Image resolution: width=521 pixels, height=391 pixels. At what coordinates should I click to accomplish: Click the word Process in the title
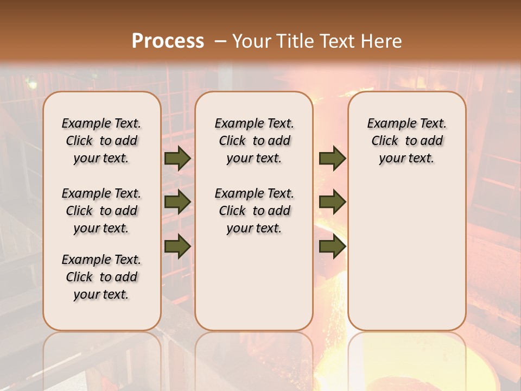pos(168,41)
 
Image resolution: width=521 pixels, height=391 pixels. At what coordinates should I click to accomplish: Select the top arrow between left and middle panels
pos(177,159)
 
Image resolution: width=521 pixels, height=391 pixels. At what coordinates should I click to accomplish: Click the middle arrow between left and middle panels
pos(177,202)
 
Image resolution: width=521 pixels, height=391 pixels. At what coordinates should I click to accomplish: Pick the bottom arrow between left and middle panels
pos(177,247)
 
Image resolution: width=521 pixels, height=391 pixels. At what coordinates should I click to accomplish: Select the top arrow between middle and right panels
pos(332,159)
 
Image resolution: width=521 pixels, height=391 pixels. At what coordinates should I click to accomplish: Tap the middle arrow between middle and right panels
pos(332,202)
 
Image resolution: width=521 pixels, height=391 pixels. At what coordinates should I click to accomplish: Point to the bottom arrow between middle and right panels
pos(332,247)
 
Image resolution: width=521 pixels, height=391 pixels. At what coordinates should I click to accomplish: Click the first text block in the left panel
pos(101,141)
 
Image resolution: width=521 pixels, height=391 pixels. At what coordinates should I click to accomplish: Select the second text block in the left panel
pos(101,211)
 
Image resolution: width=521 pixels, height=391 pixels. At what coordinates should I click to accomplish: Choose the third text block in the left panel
pos(101,277)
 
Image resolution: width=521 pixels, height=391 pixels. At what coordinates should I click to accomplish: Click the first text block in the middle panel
pos(254,141)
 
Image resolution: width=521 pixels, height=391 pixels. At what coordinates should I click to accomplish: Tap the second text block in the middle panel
pos(254,211)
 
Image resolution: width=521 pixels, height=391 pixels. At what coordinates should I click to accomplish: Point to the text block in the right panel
pos(406,141)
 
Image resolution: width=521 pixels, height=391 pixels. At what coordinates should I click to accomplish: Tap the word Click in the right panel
pos(385,141)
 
